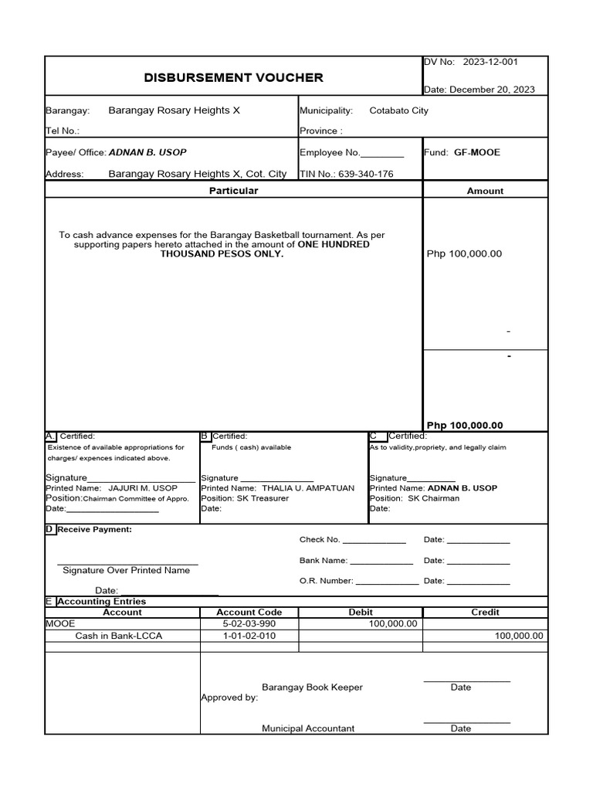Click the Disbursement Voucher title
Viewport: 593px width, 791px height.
(233, 77)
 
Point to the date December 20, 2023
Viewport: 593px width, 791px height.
(492, 90)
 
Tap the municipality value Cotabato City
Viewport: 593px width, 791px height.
(398, 111)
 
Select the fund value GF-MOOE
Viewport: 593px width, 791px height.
(476, 152)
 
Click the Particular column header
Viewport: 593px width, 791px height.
(233, 190)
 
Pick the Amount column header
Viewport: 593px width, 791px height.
(485, 191)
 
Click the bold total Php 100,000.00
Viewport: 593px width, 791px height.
(465, 425)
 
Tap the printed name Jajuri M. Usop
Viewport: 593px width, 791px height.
(143, 488)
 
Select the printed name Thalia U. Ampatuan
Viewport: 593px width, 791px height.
(308, 488)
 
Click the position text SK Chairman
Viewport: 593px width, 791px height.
(433, 498)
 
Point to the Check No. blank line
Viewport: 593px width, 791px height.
(374, 541)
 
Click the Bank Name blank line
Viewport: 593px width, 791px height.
(381, 562)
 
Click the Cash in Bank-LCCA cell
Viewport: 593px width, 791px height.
(119, 636)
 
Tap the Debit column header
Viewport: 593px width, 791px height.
(361, 612)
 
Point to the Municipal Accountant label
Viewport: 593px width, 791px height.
(308, 728)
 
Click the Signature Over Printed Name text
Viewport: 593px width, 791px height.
(126, 570)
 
